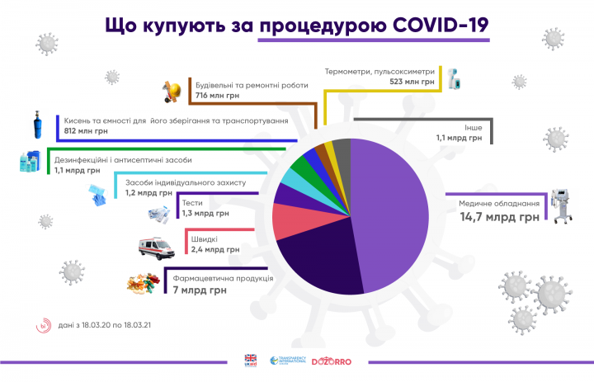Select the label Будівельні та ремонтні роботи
[x=240, y=84]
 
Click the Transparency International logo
[x=288, y=361]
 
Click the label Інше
[x=472, y=127]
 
